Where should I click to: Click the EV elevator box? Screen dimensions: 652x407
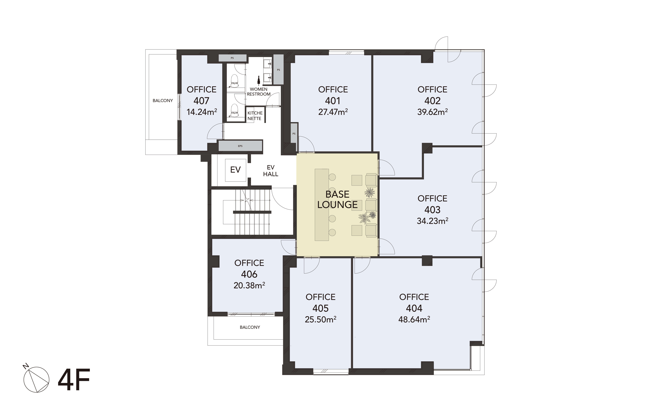235,170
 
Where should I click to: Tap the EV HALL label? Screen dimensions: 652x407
271,171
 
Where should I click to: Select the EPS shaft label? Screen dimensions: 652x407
240,146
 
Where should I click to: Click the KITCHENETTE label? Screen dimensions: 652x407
255,116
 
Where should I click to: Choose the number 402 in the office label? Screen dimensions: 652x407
432,101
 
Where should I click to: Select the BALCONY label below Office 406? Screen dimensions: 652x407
250,327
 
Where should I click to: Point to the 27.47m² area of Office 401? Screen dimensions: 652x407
333,112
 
